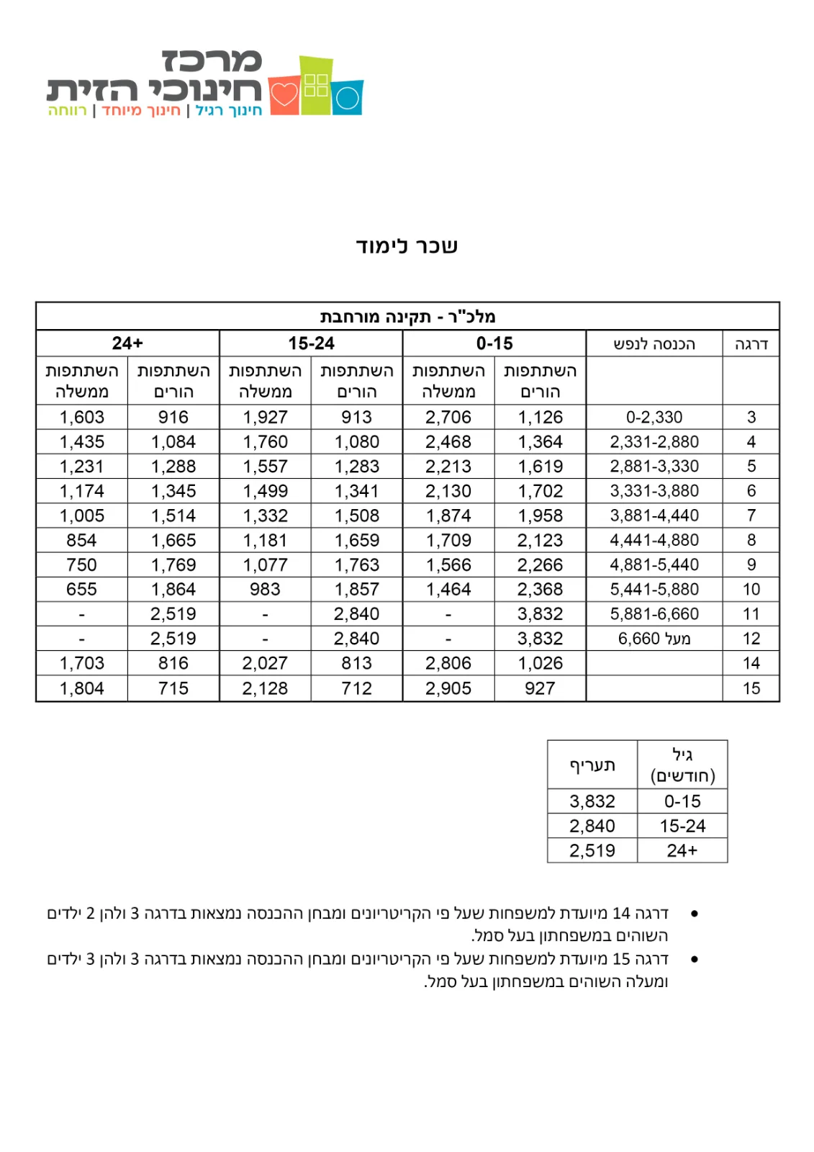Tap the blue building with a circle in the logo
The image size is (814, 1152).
click(x=348, y=97)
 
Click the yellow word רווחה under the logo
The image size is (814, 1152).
click(x=67, y=111)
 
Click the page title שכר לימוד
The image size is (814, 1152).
click(x=407, y=246)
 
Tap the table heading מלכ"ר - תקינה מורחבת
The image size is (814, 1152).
click(x=407, y=317)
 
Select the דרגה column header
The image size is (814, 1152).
click(x=751, y=344)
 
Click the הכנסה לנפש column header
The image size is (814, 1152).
click(x=654, y=344)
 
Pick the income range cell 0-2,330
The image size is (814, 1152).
click(x=654, y=418)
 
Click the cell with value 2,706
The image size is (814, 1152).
click(x=448, y=418)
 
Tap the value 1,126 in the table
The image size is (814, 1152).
click(x=540, y=418)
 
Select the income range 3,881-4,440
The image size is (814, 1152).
click(x=654, y=516)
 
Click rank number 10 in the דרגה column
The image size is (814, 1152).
click(x=751, y=590)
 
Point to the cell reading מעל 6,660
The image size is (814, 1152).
click(x=654, y=639)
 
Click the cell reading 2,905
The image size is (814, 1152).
click(x=448, y=688)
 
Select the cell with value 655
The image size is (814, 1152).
click(x=81, y=590)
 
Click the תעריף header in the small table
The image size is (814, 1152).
click(x=592, y=765)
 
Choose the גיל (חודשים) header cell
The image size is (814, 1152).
click(x=682, y=765)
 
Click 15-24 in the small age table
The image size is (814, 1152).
click(x=682, y=826)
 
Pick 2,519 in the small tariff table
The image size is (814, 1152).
click(x=592, y=850)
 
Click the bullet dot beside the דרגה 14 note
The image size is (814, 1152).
click(x=694, y=914)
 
